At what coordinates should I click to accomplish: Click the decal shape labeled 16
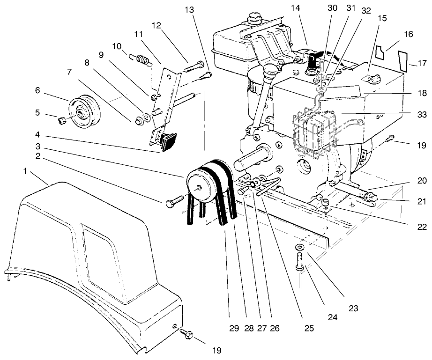383,53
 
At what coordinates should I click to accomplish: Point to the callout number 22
422,227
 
